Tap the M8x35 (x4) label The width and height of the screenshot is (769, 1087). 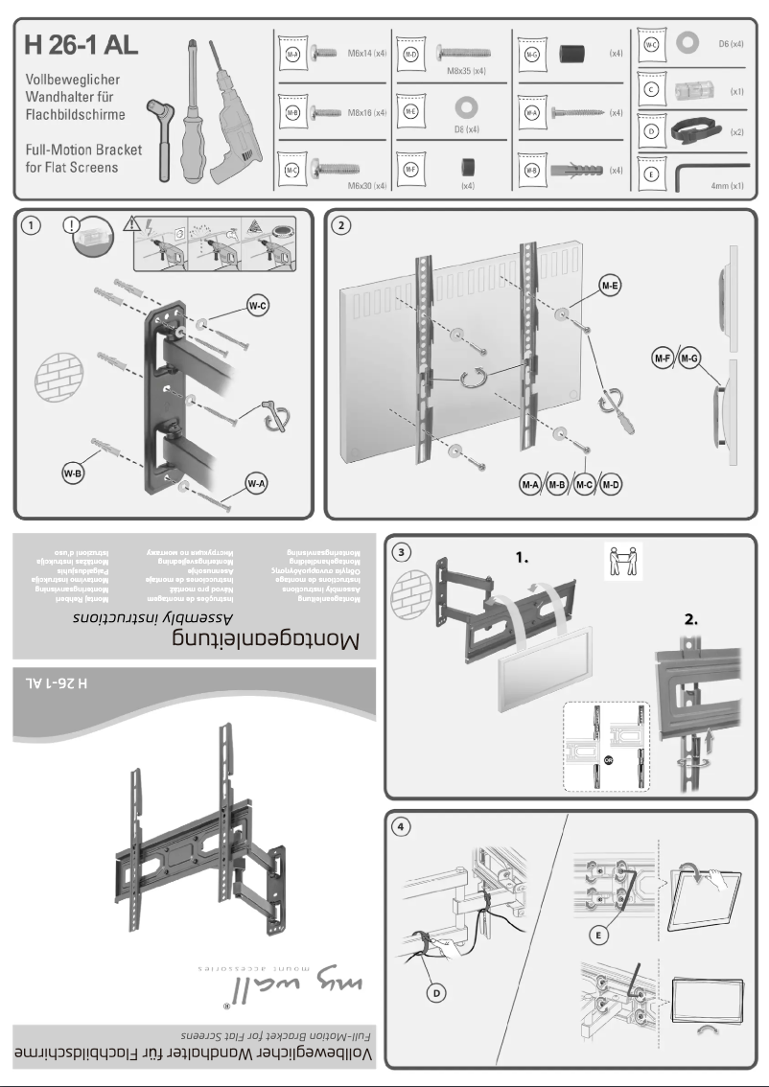coord(465,72)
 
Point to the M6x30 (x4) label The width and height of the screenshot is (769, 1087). coord(365,185)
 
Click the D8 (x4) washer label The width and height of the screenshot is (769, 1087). coord(466,128)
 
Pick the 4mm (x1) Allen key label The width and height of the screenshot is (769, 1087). coord(724,185)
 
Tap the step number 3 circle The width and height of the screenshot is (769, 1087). coord(403,551)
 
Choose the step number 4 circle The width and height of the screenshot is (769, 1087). coord(403,827)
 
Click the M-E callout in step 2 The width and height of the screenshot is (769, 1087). coord(608,285)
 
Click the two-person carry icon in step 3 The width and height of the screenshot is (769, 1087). coord(622,562)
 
